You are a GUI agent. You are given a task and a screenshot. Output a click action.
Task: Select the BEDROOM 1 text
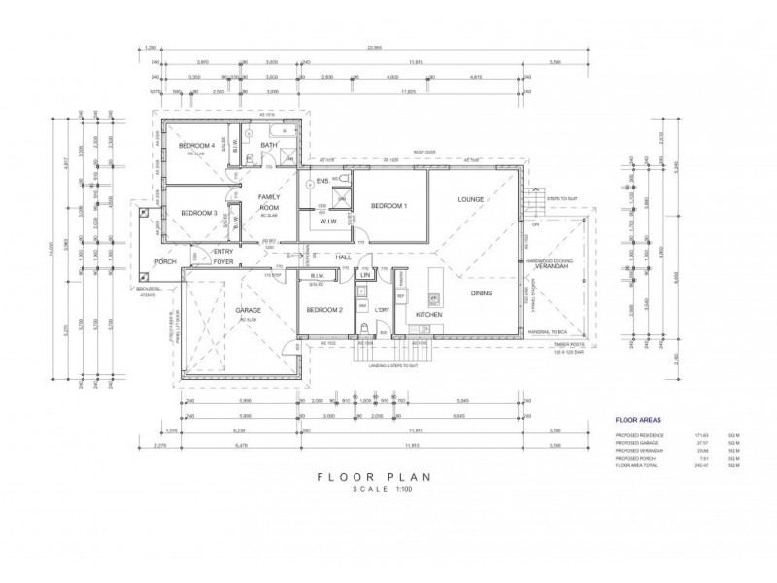pos(388,206)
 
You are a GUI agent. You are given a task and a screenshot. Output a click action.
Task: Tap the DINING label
pos(482,292)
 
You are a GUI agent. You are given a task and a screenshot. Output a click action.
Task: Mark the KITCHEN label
pos(429,316)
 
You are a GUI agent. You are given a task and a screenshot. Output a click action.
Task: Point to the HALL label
pos(344,257)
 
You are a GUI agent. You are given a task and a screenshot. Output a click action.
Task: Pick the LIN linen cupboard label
pos(364,276)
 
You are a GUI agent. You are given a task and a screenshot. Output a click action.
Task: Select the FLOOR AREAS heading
pos(639,421)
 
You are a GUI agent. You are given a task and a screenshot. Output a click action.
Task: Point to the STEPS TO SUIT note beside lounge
pos(562,198)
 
